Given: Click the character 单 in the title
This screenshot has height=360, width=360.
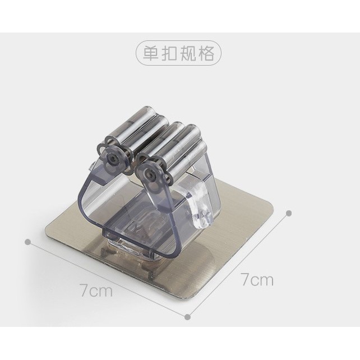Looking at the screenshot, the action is tap(151, 53).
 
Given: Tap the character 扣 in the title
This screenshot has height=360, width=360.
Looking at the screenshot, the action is tap(169, 53).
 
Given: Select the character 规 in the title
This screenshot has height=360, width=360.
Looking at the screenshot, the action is tap(188, 53).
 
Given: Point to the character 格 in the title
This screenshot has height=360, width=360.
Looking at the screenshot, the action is tap(206, 53).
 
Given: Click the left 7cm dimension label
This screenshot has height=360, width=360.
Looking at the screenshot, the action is tap(96, 290).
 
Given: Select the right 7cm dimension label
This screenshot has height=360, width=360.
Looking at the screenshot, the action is tap(257, 279).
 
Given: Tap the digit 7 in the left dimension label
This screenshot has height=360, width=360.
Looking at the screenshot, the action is tap(84, 290).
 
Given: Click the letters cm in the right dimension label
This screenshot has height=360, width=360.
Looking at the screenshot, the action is tap(262, 280).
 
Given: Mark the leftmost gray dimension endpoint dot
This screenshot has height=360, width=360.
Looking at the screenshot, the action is tap(28, 242).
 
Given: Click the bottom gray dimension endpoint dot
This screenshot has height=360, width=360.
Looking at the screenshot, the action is tap(188, 317).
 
